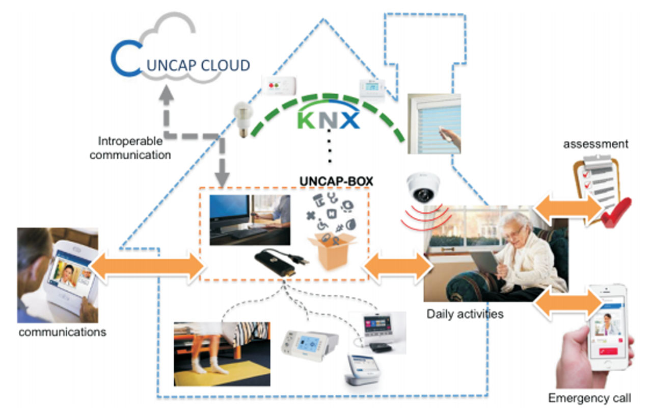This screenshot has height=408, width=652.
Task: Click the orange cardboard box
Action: pyautogui.click(x=334, y=250)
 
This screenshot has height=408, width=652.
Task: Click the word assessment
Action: pyautogui.click(x=595, y=144)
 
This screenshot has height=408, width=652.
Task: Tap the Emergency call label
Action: pyautogui.click(x=589, y=397)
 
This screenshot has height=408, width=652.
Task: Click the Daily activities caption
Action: pyautogui.click(x=465, y=313)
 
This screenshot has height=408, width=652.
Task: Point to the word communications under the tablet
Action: pyautogui.click(x=62, y=332)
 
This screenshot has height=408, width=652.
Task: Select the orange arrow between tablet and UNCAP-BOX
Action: pyautogui.click(x=148, y=266)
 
